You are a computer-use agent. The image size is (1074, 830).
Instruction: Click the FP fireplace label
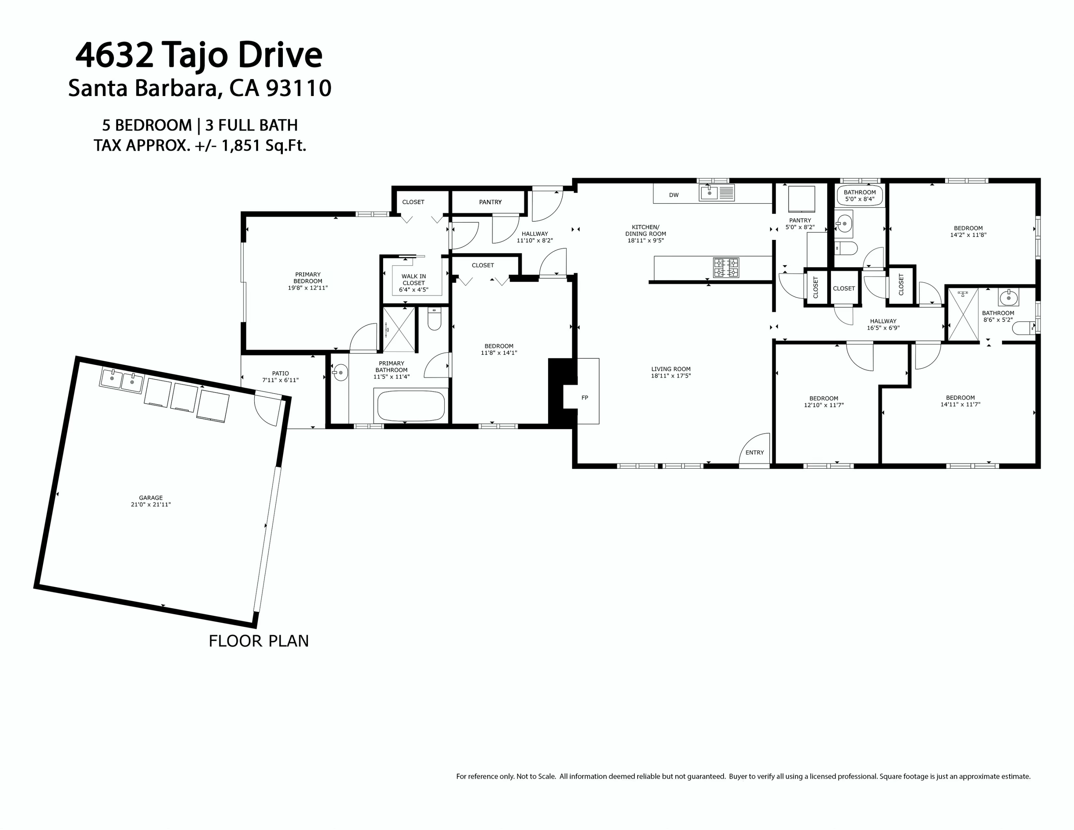[x=585, y=398]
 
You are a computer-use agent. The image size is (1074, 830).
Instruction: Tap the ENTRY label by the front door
[x=754, y=452]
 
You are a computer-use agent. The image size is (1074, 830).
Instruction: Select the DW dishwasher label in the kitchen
[x=674, y=195]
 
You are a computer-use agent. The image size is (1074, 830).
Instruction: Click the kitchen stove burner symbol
[x=726, y=267]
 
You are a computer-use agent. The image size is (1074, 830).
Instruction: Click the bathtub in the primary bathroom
[x=411, y=406]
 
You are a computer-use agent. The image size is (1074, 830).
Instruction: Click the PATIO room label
[x=280, y=373]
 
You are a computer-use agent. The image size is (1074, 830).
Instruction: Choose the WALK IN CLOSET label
[x=413, y=280]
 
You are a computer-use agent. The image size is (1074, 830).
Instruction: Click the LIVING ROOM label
[x=671, y=369]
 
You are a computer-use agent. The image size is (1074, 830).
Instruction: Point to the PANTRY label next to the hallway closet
[x=490, y=202]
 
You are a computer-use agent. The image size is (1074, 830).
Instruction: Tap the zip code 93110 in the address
[x=299, y=88]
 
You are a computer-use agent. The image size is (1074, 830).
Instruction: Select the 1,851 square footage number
[x=241, y=145]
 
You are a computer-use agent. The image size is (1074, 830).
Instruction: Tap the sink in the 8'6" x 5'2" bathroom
[x=1008, y=297]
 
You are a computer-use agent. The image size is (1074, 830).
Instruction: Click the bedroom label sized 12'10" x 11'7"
[x=824, y=398]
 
